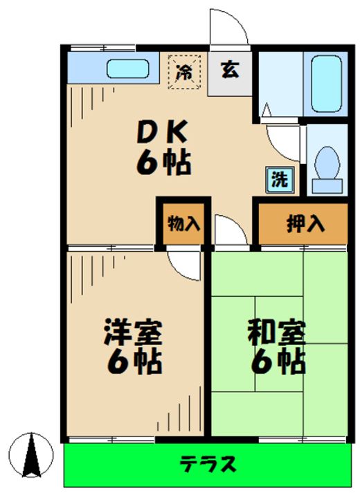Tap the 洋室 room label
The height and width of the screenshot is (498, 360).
tap(133, 333)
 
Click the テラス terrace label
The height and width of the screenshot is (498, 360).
tap(208, 463)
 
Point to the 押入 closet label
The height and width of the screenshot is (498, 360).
tap(303, 223)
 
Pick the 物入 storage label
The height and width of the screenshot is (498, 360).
tap(183, 223)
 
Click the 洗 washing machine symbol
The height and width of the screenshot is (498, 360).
tap(279, 179)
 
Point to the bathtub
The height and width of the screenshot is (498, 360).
tap(325, 84)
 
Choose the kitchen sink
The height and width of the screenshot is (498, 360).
tap(129, 70)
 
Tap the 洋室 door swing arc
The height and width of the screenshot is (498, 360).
tap(183, 262)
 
